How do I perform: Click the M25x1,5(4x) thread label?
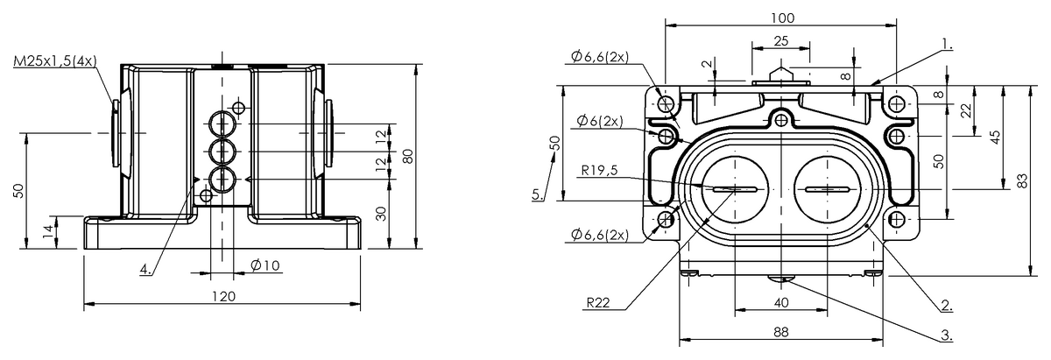click(55, 61)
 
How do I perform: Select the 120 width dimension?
click(223, 297)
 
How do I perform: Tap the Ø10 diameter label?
click(265, 265)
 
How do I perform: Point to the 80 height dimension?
click(408, 155)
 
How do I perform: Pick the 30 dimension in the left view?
click(383, 214)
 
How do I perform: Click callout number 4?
click(145, 270)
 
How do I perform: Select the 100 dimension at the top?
click(783, 18)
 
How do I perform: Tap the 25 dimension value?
click(780, 41)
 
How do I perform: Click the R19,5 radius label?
click(599, 170)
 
